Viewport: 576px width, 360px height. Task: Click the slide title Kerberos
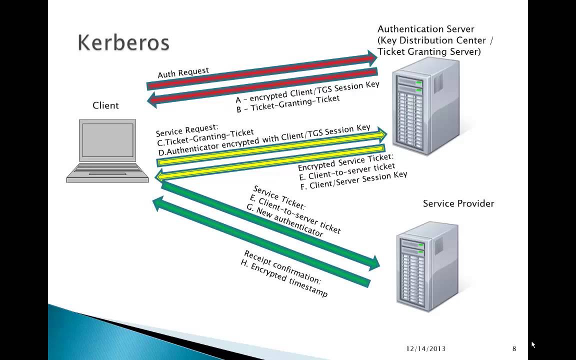pos(123,43)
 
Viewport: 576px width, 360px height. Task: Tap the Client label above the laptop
pos(105,105)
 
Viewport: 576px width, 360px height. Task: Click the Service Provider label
pos(458,203)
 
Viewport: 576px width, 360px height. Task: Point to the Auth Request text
pos(183,72)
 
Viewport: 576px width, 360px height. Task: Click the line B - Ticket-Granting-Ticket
pos(288,103)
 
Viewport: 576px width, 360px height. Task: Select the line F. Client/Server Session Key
pos(353,180)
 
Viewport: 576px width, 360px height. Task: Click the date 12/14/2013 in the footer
pos(425,348)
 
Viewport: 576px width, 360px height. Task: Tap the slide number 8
pos(514,348)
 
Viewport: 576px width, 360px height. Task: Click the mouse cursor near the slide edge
pos(533,344)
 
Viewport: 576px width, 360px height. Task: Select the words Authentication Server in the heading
pos(425,29)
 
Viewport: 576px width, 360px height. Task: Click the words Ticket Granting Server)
pos(429,51)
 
